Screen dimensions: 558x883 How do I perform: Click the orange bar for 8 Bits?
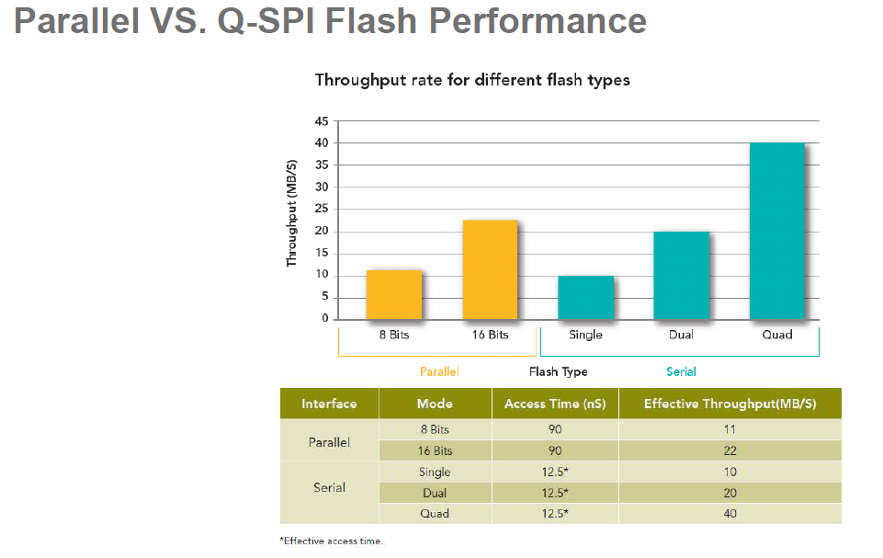[394, 294]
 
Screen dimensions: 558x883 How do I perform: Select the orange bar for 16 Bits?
[490, 269]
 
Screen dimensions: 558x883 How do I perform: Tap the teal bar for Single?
[585, 297]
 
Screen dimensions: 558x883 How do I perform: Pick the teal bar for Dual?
[681, 275]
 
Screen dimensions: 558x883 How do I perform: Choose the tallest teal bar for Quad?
[776, 231]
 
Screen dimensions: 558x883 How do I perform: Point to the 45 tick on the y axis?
[323, 121]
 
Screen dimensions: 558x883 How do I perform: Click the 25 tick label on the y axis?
[323, 210]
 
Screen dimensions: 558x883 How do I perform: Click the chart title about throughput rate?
[472, 80]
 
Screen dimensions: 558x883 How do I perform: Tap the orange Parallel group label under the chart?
[439, 372]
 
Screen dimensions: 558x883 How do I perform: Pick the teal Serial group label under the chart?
[681, 372]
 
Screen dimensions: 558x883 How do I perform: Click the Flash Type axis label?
[558, 372]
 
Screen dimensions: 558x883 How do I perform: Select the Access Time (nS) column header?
[554, 404]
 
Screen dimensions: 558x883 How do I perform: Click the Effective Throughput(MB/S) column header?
[730, 404]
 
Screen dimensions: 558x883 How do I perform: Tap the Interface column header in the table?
[329, 404]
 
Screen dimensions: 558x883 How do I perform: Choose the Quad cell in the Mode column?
[435, 514]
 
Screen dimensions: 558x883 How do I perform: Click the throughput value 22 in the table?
[730, 450]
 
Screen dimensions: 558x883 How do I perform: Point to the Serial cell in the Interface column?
[329, 487]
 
